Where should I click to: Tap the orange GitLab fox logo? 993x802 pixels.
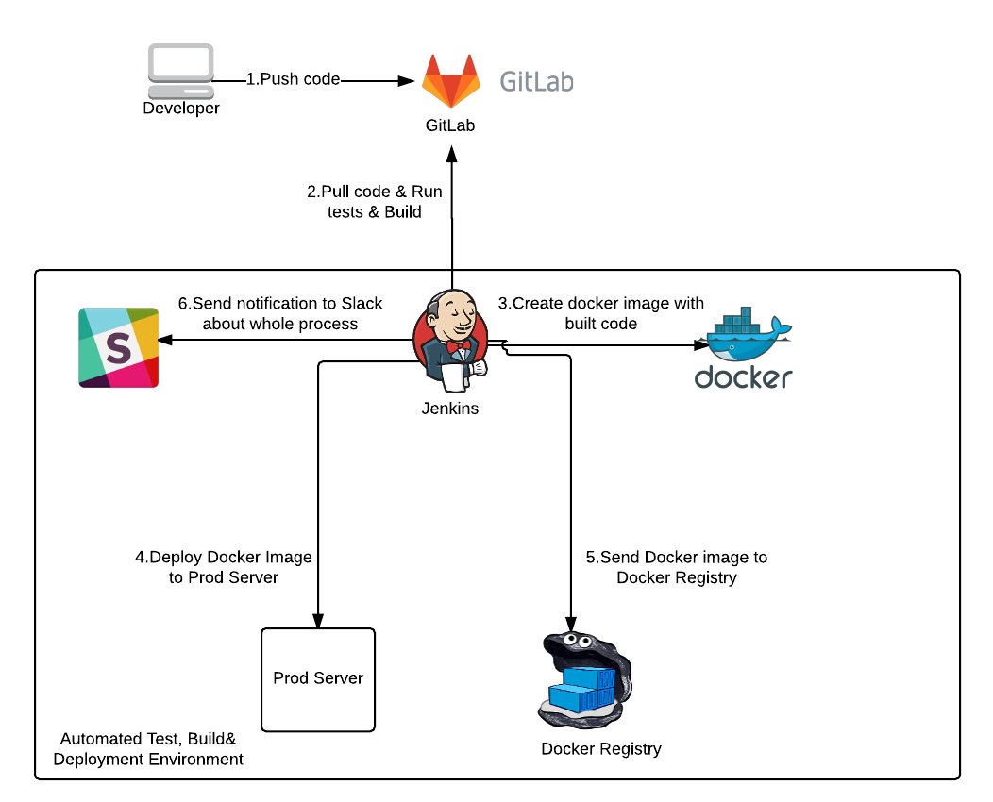point(449,82)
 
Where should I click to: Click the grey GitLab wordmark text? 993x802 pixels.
point(535,81)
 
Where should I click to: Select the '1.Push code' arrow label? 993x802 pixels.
point(293,79)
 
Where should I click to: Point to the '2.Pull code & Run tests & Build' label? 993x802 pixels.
point(375,201)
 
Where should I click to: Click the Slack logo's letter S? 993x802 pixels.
point(118,347)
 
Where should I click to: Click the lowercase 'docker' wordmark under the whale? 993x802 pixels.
point(743,377)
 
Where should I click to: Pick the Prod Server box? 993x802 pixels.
point(318,679)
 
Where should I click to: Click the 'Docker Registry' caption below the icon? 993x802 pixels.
point(601,749)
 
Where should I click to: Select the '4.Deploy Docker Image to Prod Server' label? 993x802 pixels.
point(224,566)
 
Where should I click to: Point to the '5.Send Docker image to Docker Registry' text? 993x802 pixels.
point(677,566)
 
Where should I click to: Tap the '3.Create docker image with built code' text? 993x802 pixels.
point(601,313)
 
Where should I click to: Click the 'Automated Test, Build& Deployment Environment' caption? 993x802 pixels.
point(151,749)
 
